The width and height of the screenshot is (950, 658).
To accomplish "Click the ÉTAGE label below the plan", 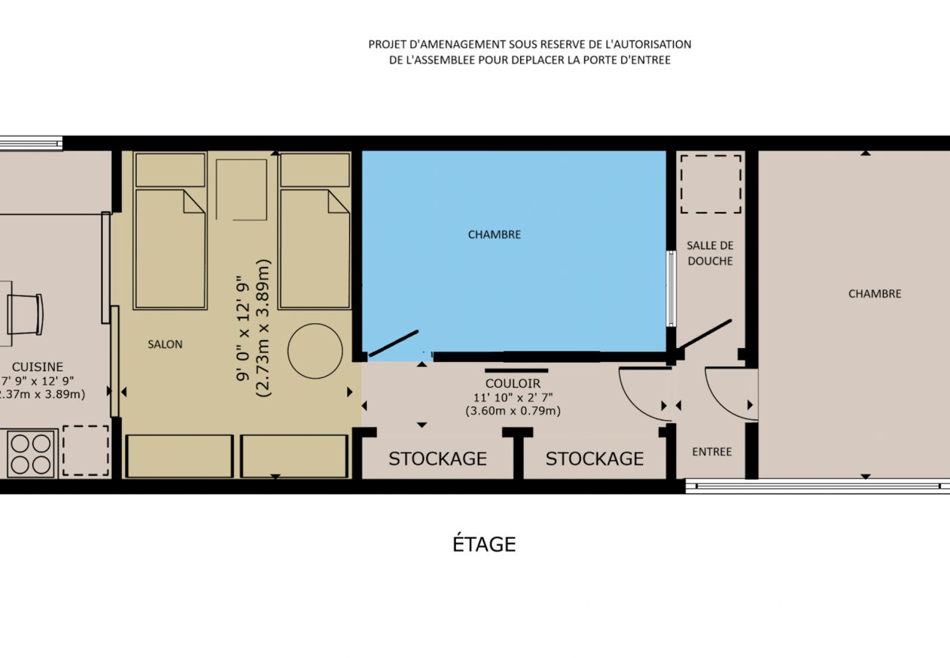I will [x=484, y=544].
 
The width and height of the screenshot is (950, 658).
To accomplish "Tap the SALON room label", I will [x=165, y=344].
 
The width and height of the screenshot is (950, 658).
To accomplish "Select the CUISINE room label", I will [x=37, y=367].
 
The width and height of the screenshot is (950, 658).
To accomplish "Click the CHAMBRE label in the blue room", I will [x=494, y=235].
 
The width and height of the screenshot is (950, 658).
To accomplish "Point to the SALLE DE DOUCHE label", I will [x=710, y=253].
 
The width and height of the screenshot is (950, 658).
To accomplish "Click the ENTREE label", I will [x=712, y=452].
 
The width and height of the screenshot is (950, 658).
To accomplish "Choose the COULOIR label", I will [x=512, y=383].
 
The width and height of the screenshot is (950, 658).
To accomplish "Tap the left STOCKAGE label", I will [x=437, y=458].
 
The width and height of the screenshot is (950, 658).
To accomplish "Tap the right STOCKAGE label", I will [x=594, y=458].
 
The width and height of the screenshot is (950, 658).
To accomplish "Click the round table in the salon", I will [x=315, y=351].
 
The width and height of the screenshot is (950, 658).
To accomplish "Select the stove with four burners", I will [x=31, y=453].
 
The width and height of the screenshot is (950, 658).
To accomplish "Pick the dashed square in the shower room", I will [x=710, y=184].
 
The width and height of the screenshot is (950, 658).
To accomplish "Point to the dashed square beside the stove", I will [x=85, y=451].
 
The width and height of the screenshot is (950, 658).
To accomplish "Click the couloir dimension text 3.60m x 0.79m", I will [x=512, y=411].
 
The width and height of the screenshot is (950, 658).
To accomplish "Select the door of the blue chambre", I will [x=393, y=344].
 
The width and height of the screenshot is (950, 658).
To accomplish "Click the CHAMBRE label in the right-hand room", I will [x=875, y=294].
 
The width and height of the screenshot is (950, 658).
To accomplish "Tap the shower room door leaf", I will [x=704, y=333].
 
